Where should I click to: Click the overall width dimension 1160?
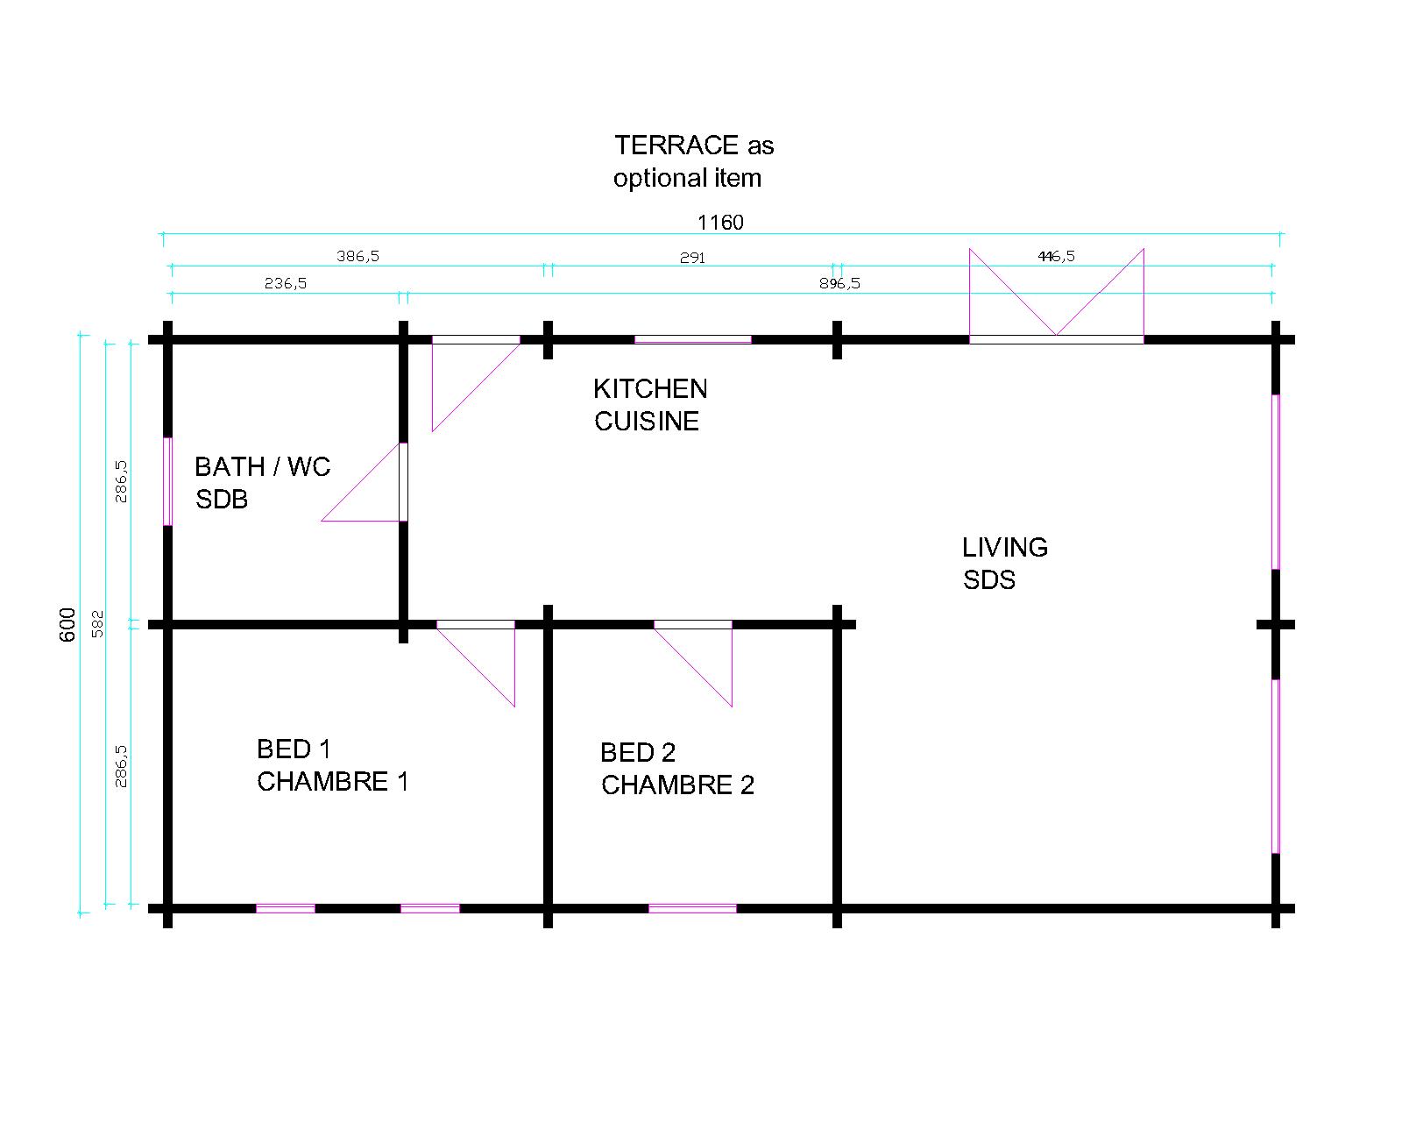[x=720, y=222]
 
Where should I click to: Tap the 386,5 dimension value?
[x=358, y=256]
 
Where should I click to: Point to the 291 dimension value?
[x=692, y=258]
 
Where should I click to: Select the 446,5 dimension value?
[x=1056, y=256]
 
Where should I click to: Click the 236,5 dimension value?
[x=286, y=283]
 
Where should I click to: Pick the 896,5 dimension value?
[x=839, y=283]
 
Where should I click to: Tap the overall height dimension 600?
[x=68, y=624]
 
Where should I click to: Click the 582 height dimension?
[x=97, y=623]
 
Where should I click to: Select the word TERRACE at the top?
[x=676, y=145]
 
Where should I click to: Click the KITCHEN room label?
[x=650, y=388]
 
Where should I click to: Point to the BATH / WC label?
[x=262, y=466]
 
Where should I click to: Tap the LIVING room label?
[x=1005, y=547]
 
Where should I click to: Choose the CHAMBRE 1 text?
[x=333, y=781]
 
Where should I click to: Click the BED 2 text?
[x=638, y=752]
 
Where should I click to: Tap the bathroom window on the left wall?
[x=167, y=481]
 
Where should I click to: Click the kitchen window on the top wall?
[x=692, y=339]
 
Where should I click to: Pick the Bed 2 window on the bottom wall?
[x=692, y=909]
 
